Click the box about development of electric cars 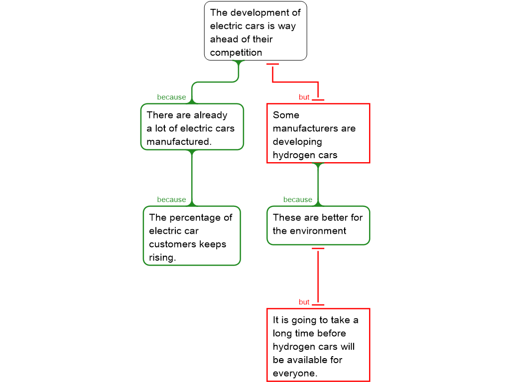point(255,31)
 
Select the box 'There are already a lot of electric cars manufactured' point(192,127)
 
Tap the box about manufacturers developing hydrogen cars point(318,133)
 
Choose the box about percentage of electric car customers point(192,236)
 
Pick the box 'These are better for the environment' point(318,225)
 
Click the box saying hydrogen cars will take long point(318,345)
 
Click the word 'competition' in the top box point(236,53)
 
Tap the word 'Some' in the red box point(286,115)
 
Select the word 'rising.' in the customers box point(162,258)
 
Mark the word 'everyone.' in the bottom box point(295,373)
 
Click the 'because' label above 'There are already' point(171,97)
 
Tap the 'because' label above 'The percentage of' point(171,200)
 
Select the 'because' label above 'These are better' point(298,200)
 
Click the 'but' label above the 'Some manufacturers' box point(304,97)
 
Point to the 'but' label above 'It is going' point(304,302)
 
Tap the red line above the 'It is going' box point(318,276)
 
